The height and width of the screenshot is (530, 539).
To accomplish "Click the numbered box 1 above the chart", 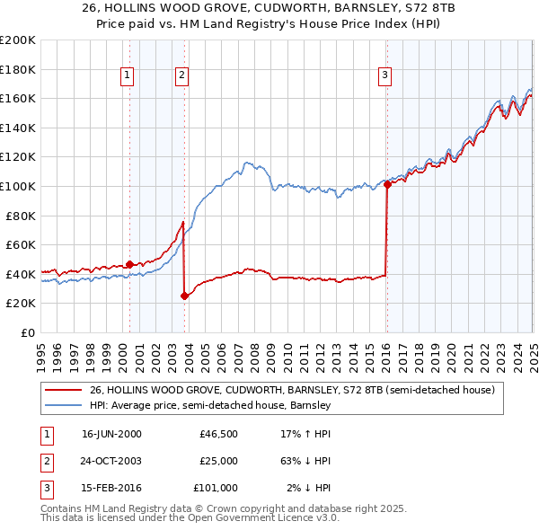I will [128, 75].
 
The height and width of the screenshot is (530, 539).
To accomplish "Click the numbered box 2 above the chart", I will [181, 75].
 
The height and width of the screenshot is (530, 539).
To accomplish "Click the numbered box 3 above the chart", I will [384, 75].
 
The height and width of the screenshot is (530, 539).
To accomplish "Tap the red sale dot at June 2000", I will [129, 264].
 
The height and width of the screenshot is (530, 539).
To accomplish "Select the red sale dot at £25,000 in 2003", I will [185, 296].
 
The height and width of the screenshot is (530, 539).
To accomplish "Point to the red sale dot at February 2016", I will [387, 184].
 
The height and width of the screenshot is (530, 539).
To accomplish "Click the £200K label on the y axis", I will [18, 40].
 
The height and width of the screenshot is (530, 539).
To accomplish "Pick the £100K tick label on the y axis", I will [18, 186].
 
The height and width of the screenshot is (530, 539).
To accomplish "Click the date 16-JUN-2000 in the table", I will [111, 434].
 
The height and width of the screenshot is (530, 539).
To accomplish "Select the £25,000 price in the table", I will [218, 461].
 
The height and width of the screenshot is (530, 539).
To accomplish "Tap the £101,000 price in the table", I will [216, 488].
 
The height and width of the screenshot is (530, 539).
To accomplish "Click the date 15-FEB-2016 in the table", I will [111, 488].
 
